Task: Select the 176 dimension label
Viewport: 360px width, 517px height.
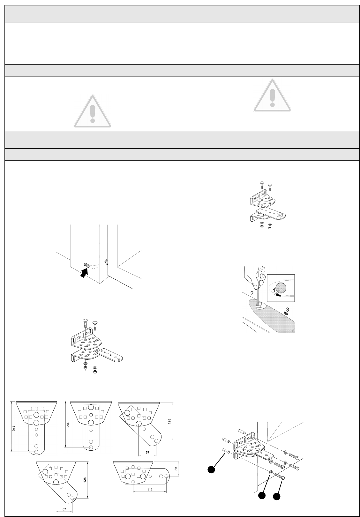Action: coord(13,428)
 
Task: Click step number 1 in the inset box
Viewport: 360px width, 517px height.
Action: coord(274,290)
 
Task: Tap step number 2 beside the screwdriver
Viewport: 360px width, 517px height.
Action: coord(252,293)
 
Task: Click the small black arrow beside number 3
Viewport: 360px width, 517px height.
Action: coord(285,314)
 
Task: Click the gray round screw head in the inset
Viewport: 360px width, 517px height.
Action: coord(281,288)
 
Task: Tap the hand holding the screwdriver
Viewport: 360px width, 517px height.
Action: coord(254,274)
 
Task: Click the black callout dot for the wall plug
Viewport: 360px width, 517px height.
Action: coord(211,469)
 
